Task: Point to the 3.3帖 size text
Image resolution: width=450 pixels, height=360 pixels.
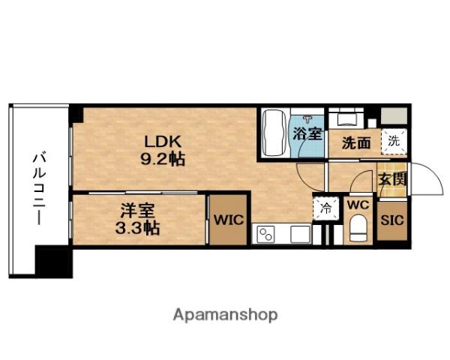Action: pyautogui.click(x=139, y=229)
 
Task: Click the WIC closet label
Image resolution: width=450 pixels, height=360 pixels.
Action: pyautogui.click(x=227, y=220)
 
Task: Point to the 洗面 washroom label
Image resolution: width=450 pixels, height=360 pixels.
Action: pyautogui.click(x=356, y=142)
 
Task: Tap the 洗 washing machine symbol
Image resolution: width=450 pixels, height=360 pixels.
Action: pyautogui.click(x=393, y=139)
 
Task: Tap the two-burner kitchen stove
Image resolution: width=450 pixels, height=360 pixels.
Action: pyautogui.click(x=266, y=234)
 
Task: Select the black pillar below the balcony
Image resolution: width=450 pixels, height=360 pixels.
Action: pyautogui.click(x=54, y=262)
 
